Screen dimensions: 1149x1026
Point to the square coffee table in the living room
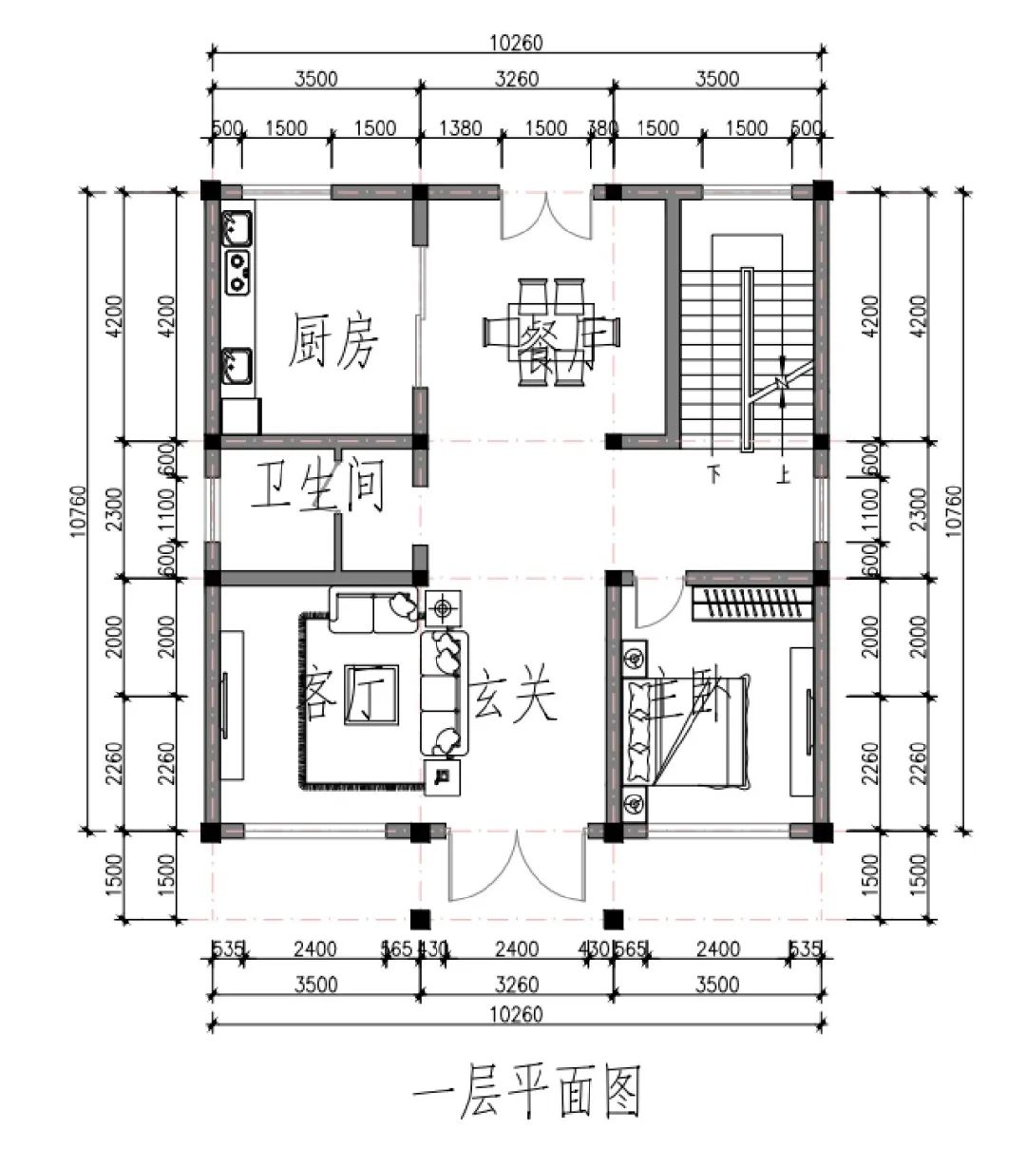tap(370, 695)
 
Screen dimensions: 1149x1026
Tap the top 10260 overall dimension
tap(517, 42)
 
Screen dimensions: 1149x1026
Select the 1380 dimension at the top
tap(463, 128)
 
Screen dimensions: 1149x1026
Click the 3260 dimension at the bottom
tap(517, 985)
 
